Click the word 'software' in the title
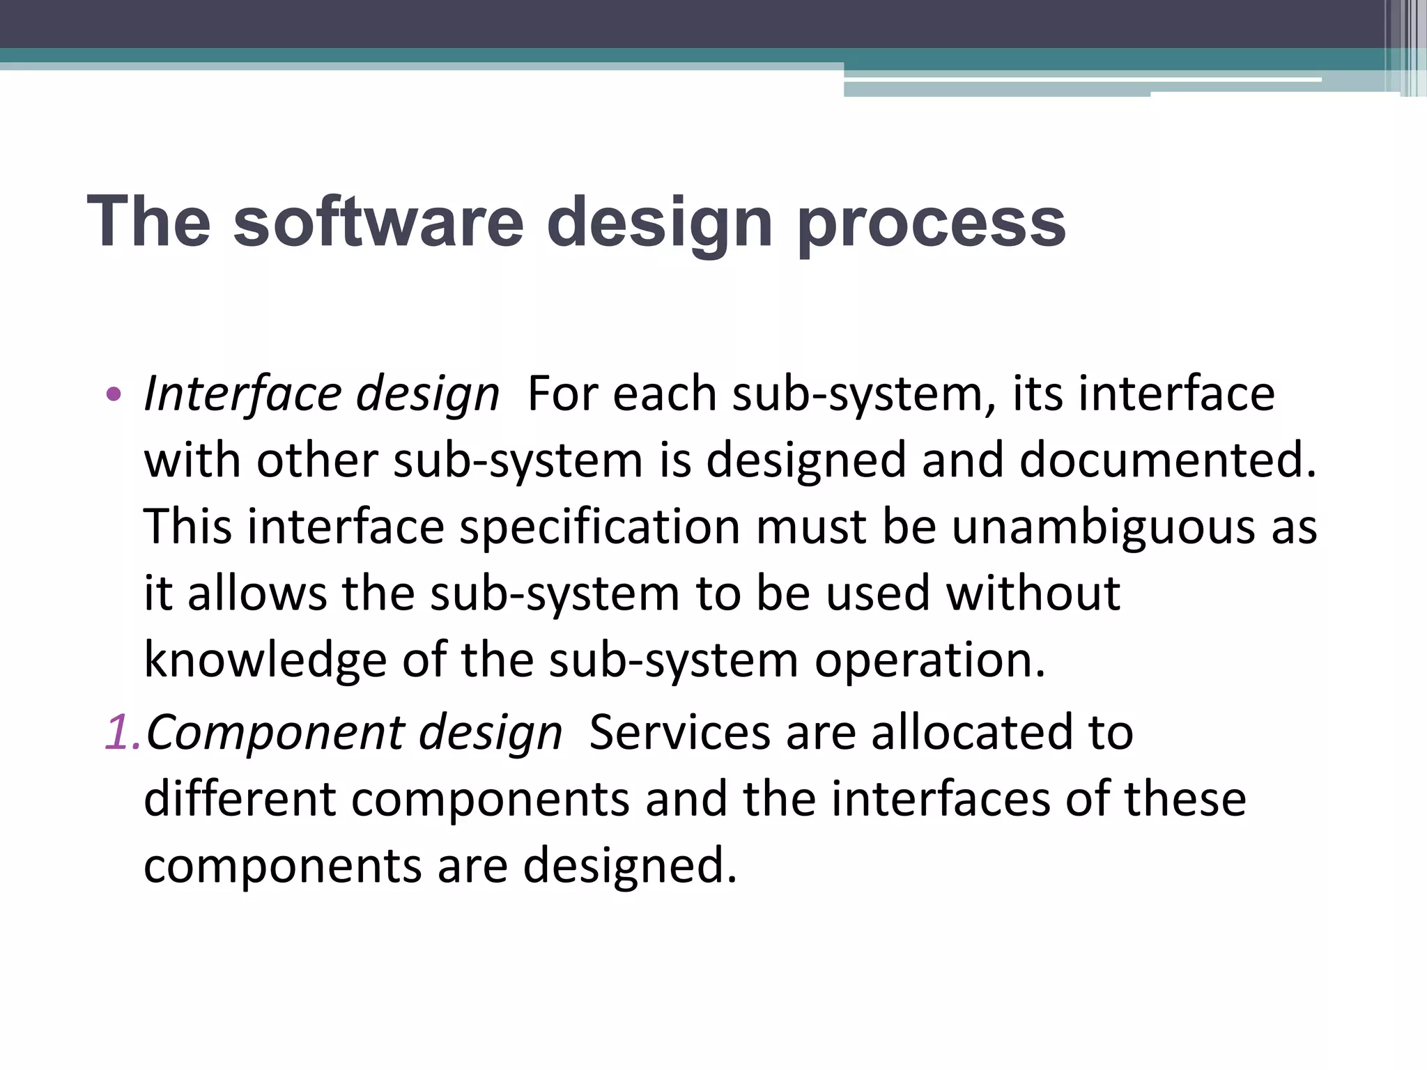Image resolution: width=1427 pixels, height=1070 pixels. (x=378, y=222)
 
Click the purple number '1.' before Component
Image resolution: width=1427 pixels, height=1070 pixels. (x=123, y=733)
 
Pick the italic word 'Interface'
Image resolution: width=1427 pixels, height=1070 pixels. (x=242, y=394)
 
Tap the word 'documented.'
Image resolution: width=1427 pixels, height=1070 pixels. (x=1168, y=460)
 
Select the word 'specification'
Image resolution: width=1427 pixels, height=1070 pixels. (x=599, y=528)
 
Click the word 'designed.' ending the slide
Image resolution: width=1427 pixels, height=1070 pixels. (x=629, y=865)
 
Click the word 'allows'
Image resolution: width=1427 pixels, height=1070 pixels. (x=257, y=594)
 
